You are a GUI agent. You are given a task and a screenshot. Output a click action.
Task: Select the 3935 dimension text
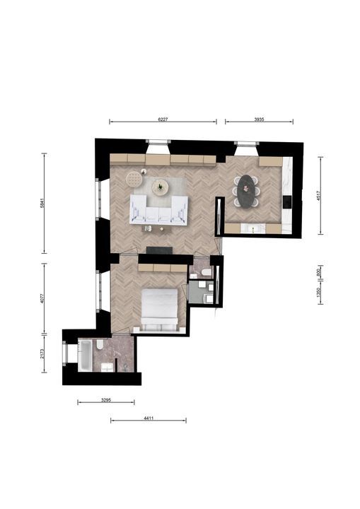[259, 119]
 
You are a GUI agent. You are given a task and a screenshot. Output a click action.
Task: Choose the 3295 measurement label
[105, 400]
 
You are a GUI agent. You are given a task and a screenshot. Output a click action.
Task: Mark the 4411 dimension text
[149, 419]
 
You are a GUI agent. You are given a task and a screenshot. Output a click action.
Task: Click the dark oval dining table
[247, 189]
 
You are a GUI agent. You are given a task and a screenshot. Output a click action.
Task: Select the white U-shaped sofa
[159, 210]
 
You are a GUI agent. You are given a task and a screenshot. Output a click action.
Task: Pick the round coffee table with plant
[161, 187]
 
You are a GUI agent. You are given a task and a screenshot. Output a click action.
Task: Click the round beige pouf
[134, 177]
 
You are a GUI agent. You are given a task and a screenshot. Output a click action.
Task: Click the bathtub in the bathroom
[84, 357]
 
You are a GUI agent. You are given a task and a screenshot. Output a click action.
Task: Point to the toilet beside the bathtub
[100, 345]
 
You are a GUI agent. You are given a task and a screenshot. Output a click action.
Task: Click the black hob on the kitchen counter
[287, 201]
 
